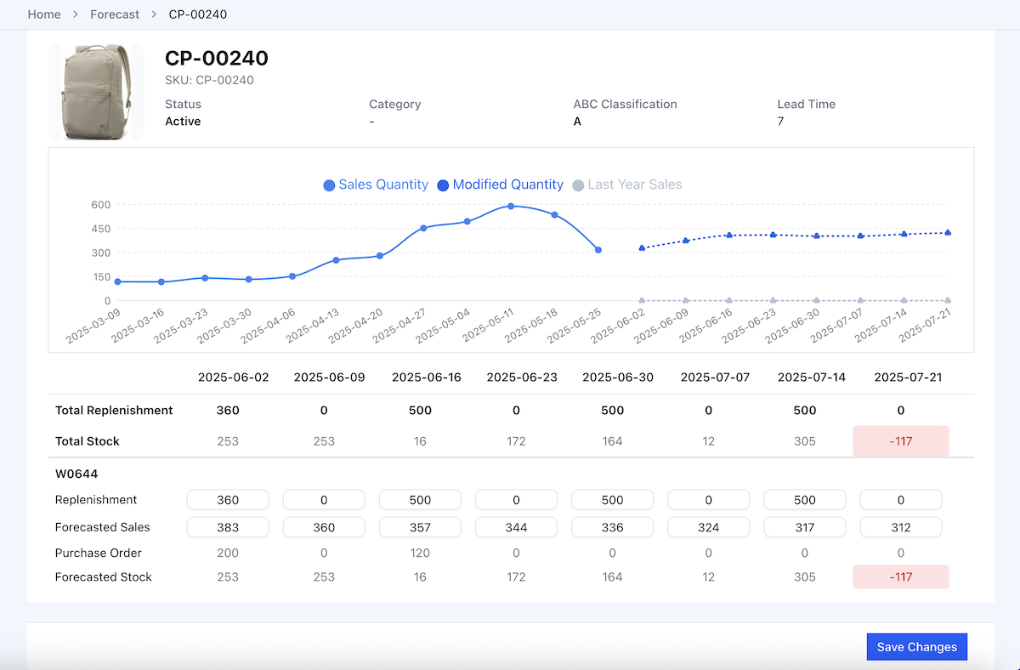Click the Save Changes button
coord(916,647)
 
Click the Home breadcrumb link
coord(44,14)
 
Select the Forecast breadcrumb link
coord(115,14)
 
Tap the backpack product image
coord(96,92)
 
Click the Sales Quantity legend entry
coord(376,185)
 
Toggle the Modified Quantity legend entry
coord(500,185)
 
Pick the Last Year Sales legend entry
coord(627,185)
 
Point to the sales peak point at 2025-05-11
coord(511,206)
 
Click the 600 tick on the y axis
coord(101,204)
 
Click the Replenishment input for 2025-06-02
coord(228,500)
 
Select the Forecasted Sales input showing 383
coord(228,527)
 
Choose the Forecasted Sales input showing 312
coord(900,527)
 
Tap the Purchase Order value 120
coord(420,553)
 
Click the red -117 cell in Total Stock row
coord(900,441)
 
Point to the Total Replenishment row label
coord(114,410)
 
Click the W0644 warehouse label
coord(72,473)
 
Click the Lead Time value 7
coord(780,122)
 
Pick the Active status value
coord(183,122)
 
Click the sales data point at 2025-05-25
coord(598,250)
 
